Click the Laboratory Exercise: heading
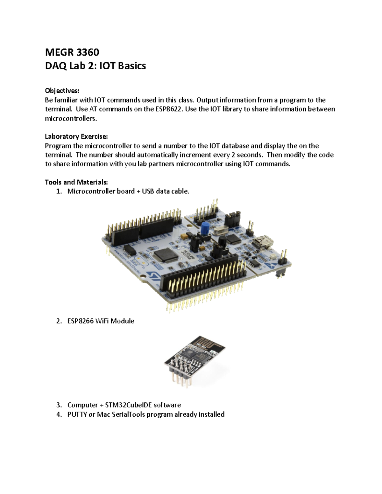coord(76,136)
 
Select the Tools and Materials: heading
coord(76,182)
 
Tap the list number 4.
coord(58,414)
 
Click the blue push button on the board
coord(205,227)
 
